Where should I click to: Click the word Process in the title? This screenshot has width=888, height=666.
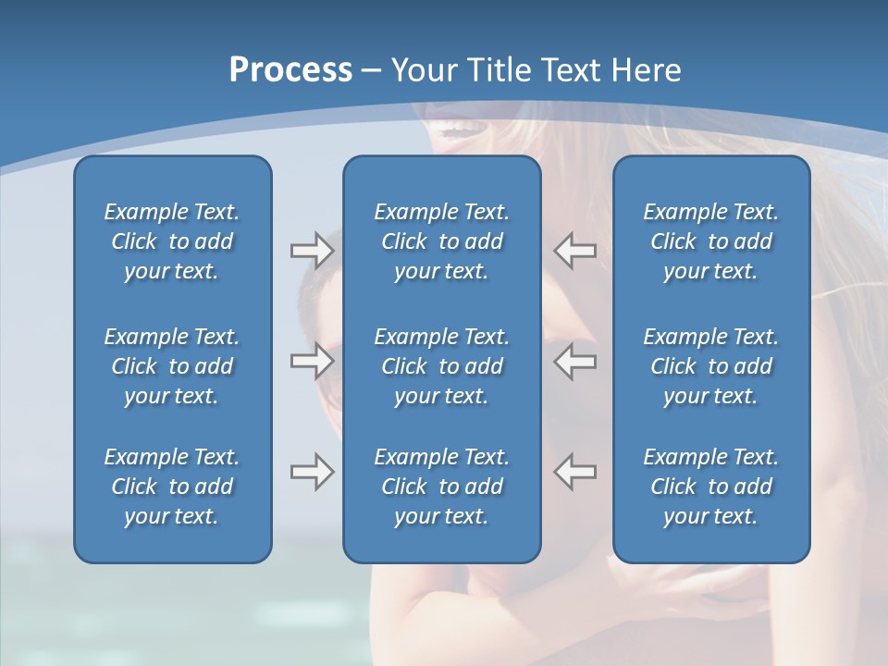click(290, 70)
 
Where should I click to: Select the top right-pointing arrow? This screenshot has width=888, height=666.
click(312, 251)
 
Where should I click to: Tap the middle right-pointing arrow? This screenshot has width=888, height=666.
click(312, 361)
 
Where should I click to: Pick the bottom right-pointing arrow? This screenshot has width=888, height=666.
click(312, 472)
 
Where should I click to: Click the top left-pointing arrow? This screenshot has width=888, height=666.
click(574, 251)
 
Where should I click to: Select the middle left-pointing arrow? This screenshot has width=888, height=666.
click(574, 361)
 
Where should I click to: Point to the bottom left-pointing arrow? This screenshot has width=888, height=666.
click(574, 472)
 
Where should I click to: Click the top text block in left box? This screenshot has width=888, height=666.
click(172, 241)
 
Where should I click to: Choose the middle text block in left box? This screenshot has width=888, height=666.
click(172, 366)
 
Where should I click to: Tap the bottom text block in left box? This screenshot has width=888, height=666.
click(172, 487)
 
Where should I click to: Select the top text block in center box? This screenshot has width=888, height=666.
click(441, 241)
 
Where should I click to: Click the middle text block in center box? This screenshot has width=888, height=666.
click(441, 366)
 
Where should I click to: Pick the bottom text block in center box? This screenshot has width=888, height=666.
click(441, 487)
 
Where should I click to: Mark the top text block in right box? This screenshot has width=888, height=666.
click(710, 241)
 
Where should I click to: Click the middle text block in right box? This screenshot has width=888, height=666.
click(710, 366)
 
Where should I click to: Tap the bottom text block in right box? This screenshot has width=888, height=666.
click(710, 487)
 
